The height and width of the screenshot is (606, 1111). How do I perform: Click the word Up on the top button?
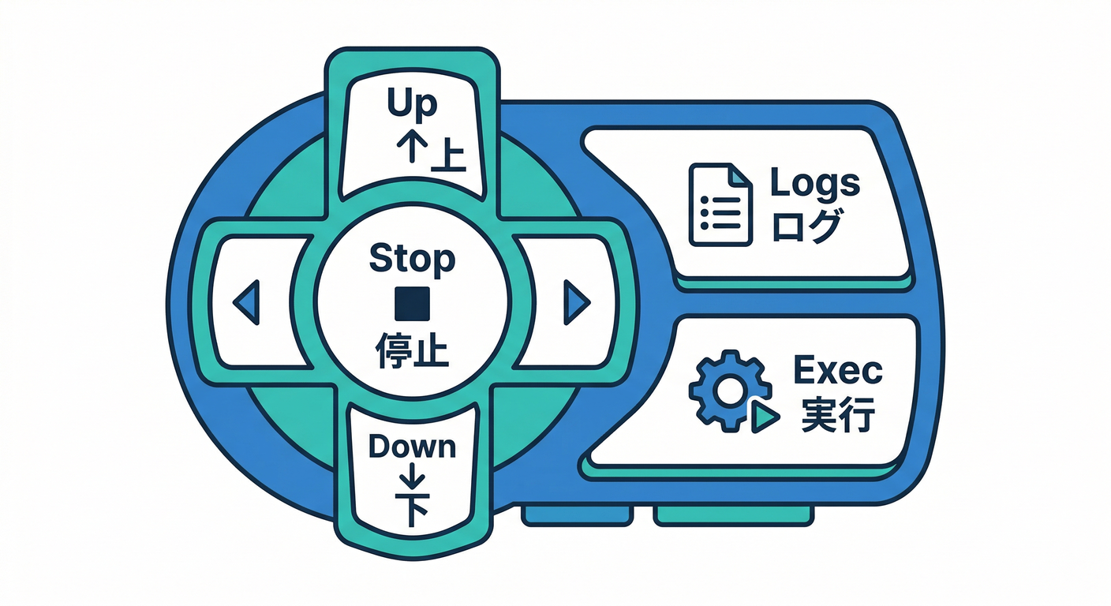[412, 105]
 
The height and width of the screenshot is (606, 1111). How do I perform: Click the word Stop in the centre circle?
[412, 259]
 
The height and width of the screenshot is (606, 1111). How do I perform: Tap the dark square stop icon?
[412, 302]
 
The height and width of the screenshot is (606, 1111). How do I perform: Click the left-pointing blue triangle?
[248, 302]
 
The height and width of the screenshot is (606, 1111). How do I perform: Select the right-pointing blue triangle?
[577, 302]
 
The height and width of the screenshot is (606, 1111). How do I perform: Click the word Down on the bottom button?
[412, 447]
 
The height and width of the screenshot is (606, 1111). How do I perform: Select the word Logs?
[814, 183]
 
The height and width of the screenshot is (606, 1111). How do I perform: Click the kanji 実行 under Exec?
[836, 413]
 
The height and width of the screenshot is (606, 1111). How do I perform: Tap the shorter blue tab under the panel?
[577, 515]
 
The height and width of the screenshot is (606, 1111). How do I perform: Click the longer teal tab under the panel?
[734, 515]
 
